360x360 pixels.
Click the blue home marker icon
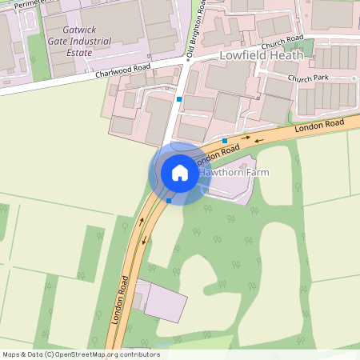click(180, 173)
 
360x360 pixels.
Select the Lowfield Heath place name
click(261, 55)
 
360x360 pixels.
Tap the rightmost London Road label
click(319, 125)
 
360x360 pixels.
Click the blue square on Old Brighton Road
click(180, 99)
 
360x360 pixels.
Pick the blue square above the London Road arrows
click(225, 141)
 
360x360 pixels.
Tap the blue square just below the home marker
click(169, 202)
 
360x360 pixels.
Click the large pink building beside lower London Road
click(165, 302)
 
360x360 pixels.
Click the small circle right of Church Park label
click(353, 78)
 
